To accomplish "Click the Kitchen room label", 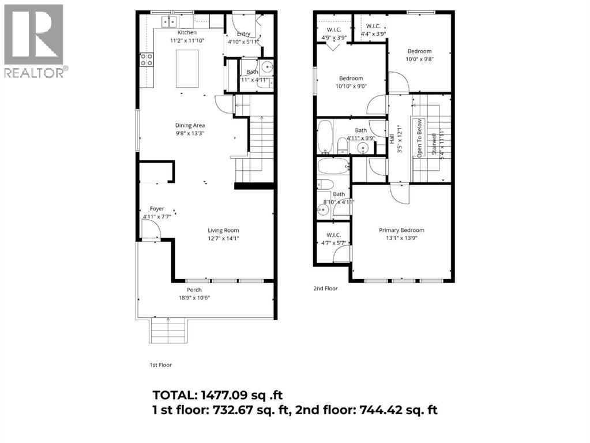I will (187, 32).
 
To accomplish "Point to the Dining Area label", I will (190, 125).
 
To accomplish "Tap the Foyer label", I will (157, 209).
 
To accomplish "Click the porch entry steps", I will (168, 332).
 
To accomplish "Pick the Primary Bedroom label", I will (401, 230).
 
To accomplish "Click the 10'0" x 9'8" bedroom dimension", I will (419, 58).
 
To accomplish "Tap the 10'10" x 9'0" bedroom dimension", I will (351, 86).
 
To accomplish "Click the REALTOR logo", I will (34, 40).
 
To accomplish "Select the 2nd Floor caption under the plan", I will (325, 288).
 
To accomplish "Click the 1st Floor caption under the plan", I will (160, 365).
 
